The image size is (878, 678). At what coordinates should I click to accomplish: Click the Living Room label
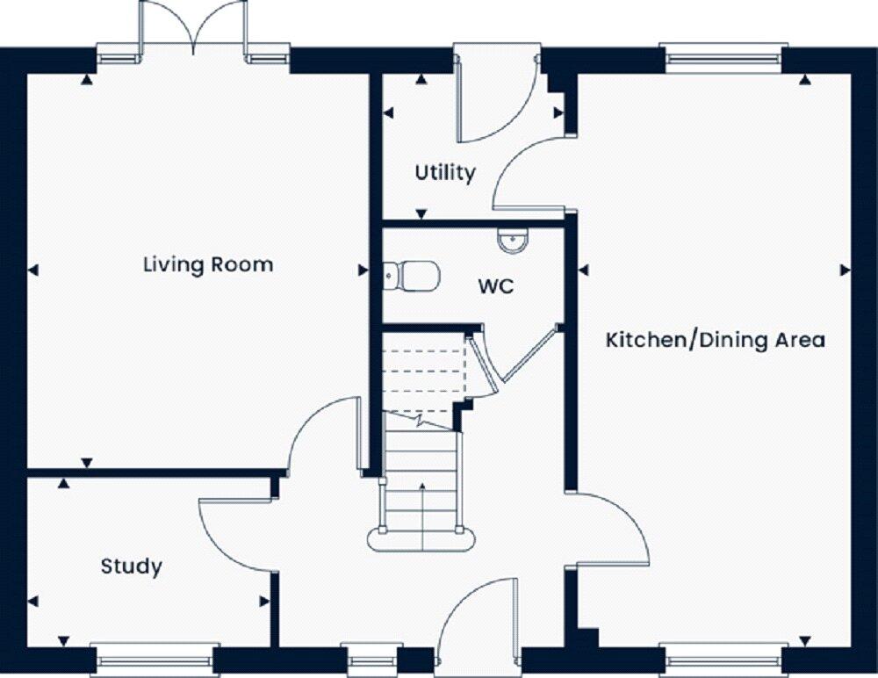coord(208,264)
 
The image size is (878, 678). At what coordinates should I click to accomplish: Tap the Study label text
coord(131,566)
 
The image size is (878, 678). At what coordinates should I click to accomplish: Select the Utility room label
coord(445,172)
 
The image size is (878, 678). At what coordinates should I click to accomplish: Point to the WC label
coord(495,286)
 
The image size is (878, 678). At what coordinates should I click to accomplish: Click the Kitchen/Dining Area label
coord(716,340)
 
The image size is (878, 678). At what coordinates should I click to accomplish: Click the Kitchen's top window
coord(723,58)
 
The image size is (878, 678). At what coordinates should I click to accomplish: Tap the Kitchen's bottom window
coord(723,658)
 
